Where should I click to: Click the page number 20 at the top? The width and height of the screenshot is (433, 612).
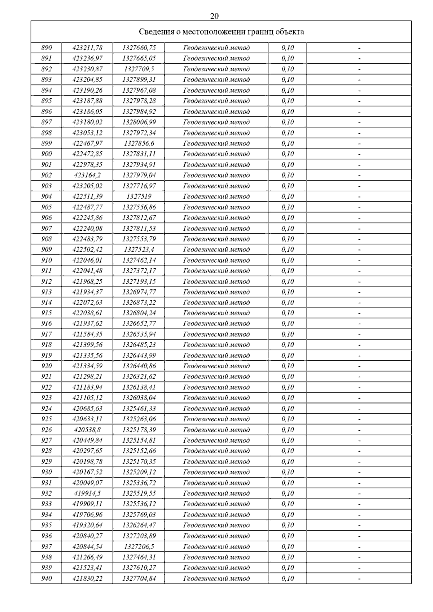214,16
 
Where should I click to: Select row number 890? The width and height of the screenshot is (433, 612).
47,48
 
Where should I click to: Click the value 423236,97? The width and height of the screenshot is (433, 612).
87,58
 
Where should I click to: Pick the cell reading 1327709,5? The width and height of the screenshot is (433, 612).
139,69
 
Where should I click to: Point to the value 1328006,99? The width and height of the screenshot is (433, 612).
139,122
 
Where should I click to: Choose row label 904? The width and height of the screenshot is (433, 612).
47,196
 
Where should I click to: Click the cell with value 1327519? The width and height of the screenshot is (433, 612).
139,196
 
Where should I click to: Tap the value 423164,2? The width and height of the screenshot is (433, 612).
87,175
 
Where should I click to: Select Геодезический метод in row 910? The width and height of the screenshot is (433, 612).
216,260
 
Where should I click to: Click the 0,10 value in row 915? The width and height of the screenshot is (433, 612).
288,313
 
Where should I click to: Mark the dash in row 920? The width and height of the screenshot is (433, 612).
359,366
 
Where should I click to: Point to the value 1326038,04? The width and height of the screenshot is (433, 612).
139,398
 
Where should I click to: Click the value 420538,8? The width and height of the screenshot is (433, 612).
87,430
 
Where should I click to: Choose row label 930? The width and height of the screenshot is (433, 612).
47,472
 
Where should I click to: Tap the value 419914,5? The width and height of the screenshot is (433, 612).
87,493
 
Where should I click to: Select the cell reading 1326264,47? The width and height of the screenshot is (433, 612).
139,525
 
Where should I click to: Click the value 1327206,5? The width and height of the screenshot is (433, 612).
139,546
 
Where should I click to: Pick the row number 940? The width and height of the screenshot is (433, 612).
47,578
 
